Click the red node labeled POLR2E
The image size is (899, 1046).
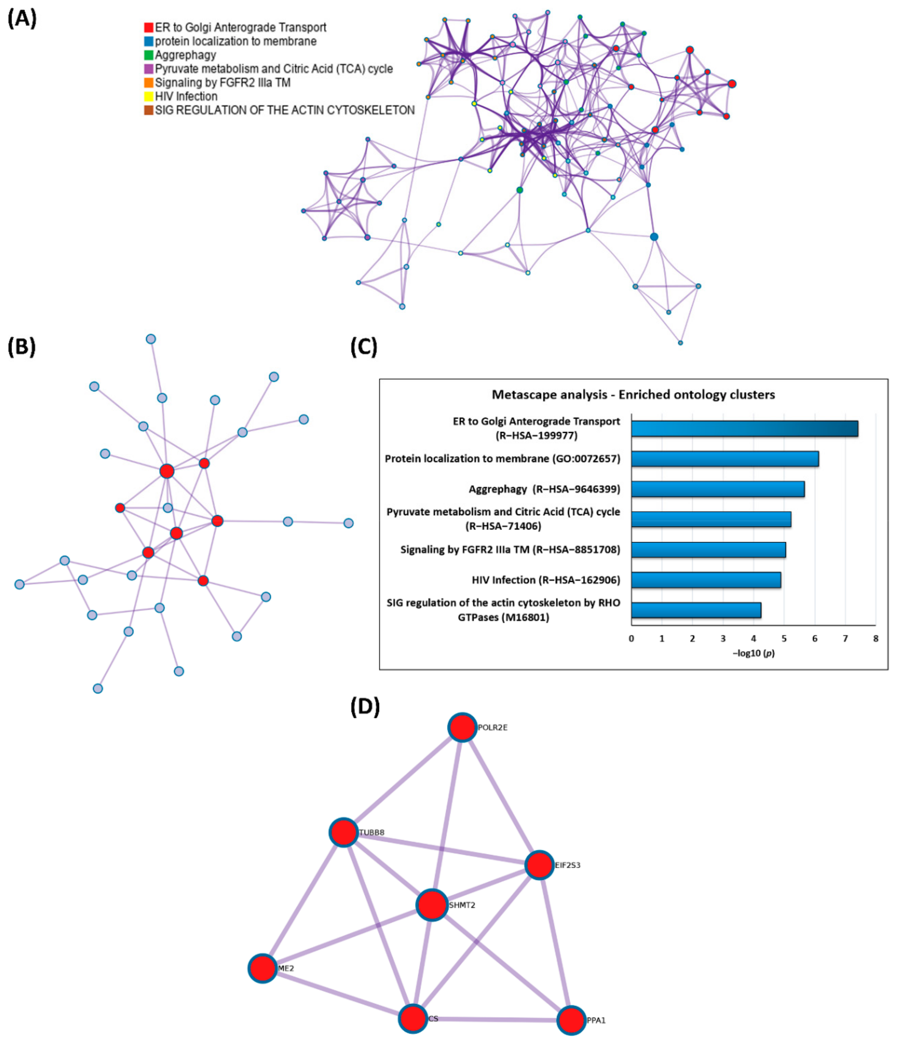coord(461,727)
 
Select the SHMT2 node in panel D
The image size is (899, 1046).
coord(432,905)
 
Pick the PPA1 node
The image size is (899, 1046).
coord(571,1020)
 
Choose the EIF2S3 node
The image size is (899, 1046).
coord(539,865)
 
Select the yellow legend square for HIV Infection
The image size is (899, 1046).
coord(148,96)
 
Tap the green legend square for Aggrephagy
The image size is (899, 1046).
coord(148,55)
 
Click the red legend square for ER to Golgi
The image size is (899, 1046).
coord(148,27)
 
